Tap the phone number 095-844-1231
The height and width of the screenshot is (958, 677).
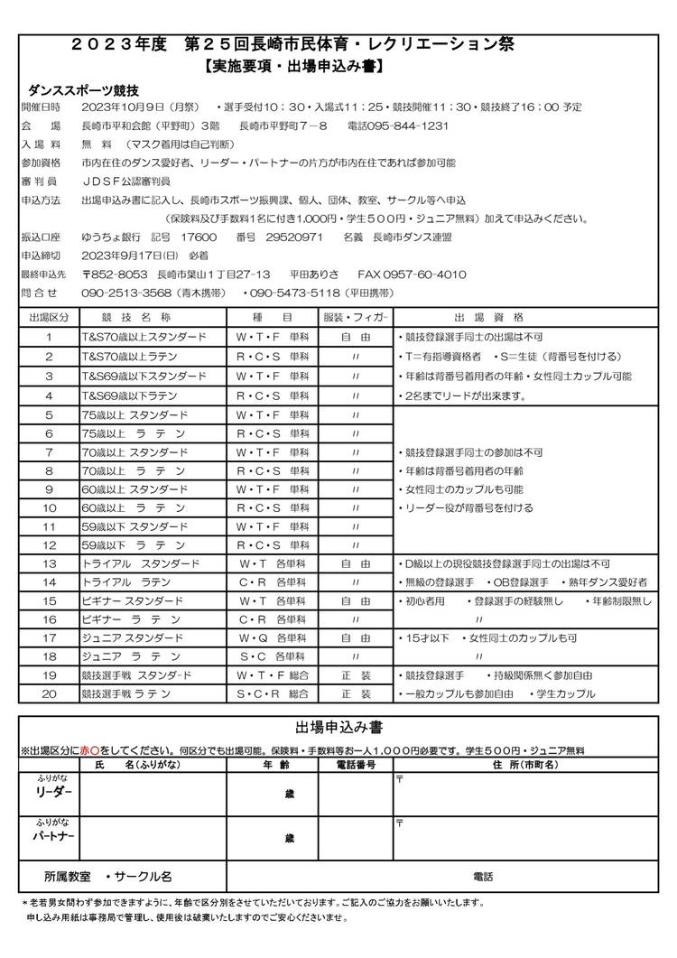tap(413, 125)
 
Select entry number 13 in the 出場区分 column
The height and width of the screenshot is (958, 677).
tap(50, 563)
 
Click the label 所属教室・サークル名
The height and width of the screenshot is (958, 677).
tap(107, 876)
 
